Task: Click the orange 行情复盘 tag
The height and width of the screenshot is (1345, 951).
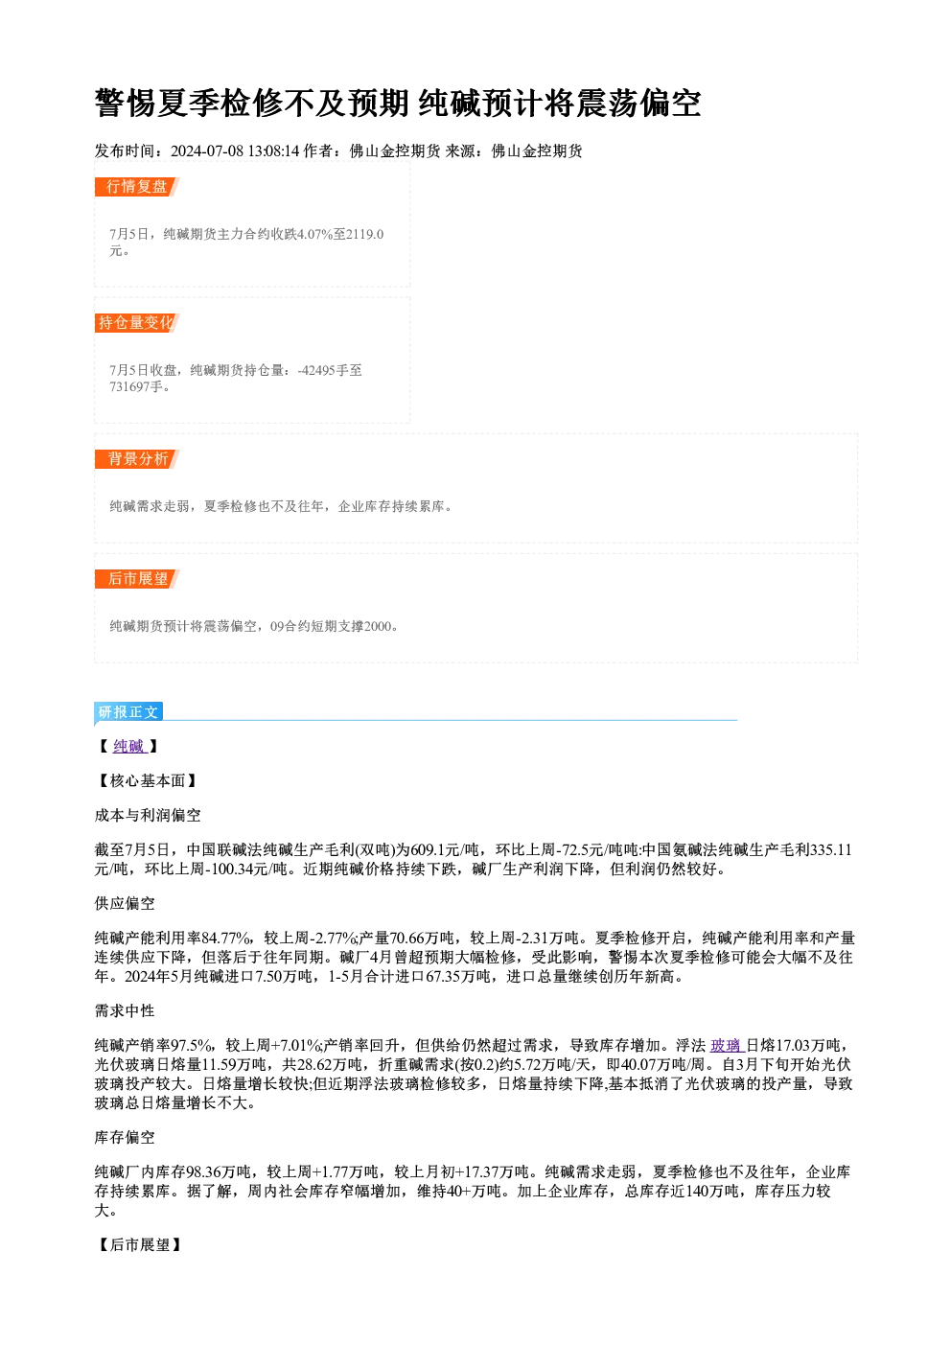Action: click(137, 187)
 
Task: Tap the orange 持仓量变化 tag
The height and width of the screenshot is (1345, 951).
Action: click(137, 323)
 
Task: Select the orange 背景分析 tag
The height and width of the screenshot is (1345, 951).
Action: click(137, 459)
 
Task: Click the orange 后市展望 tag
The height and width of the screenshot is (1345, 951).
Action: click(137, 579)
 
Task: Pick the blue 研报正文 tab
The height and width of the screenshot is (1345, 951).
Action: click(128, 712)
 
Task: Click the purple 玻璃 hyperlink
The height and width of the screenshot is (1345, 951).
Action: click(727, 1045)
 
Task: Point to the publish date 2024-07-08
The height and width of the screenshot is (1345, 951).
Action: click(206, 151)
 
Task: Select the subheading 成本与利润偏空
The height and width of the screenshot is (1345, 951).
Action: click(148, 815)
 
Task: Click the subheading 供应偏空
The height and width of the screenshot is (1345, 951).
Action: click(125, 903)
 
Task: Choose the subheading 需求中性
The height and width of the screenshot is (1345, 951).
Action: click(125, 1010)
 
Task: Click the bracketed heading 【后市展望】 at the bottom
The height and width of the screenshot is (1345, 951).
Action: click(140, 1244)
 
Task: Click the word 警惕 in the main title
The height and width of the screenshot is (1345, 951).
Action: click(126, 103)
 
